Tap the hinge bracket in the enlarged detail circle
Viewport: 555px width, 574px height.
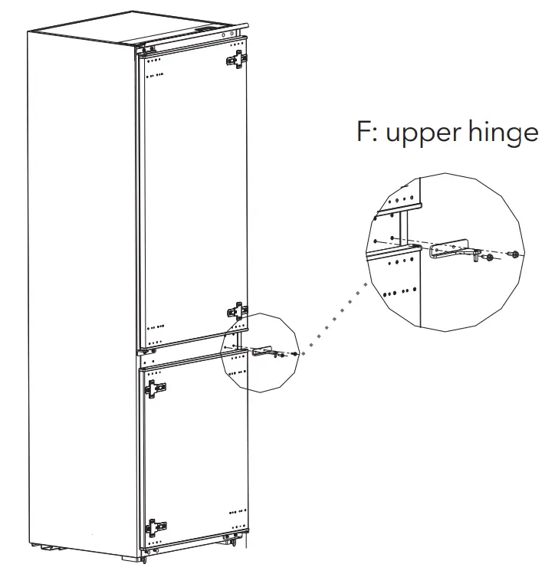(x=452, y=250)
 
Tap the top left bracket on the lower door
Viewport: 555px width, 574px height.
(x=156, y=389)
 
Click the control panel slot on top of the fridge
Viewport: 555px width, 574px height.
(x=211, y=31)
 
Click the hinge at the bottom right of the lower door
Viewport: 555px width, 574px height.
(x=229, y=540)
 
